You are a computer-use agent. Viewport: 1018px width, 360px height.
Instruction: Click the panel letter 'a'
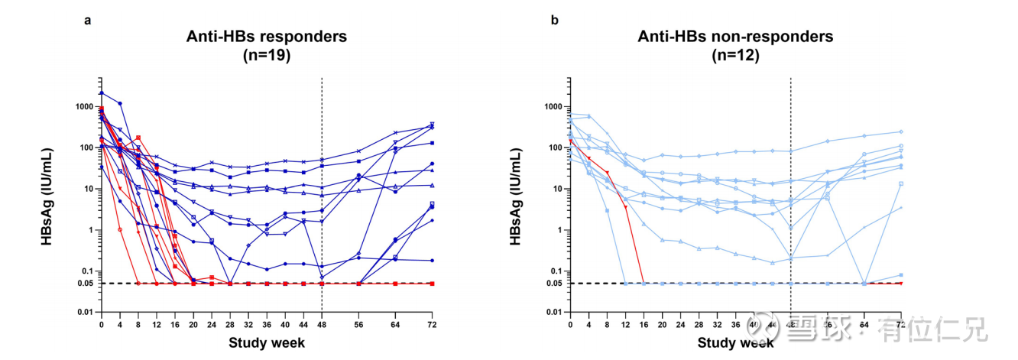click(x=88, y=21)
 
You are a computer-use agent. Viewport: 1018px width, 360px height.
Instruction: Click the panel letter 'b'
click(x=555, y=21)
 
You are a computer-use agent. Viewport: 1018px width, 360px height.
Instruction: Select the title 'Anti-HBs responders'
click(x=267, y=36)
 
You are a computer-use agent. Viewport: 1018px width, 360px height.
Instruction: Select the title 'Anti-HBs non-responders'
click(x=735, y=36)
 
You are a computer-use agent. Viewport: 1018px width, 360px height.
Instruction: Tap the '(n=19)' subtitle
click(x=267, y=55)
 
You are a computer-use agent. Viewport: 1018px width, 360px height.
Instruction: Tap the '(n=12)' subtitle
click(x=735, y=55)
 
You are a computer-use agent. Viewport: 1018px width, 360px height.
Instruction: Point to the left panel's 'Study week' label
click(x=267, y=343)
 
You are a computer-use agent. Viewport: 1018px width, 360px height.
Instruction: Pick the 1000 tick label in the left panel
click(x=84, y=106)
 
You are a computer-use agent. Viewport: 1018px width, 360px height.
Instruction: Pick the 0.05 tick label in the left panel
click(x=84, y=284)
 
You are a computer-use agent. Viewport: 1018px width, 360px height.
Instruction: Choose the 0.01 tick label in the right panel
click(x=552, y=313)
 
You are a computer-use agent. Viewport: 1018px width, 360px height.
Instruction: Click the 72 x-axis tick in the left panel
click(x=432, y=325)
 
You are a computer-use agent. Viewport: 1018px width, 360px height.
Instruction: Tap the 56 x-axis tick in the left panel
click(x=358, y=325)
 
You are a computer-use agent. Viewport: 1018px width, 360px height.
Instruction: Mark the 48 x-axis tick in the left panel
click(x=322, y=325)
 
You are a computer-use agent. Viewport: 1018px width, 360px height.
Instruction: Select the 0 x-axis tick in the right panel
click(x=569, y=325)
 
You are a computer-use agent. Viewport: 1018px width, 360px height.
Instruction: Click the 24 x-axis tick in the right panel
click(x=679, y=325)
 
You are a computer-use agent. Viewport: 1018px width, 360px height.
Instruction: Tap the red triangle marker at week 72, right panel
click(x=900, y=284)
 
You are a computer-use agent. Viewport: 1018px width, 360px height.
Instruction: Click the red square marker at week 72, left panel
click(x=432, y=284)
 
